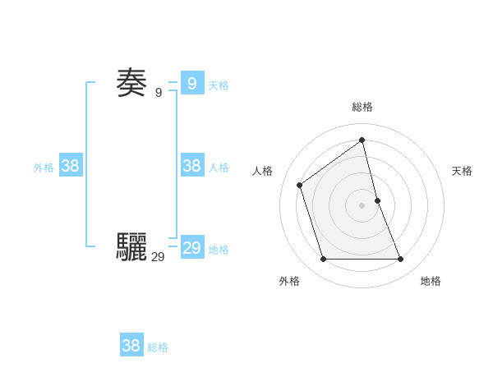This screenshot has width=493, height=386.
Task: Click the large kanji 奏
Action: click(x=131, y=83)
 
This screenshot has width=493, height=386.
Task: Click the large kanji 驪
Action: click(x=131, y=246)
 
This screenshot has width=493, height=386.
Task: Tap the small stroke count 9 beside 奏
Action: click(x=159, y=93)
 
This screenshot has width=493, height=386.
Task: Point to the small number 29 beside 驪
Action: click(x=158, y=257)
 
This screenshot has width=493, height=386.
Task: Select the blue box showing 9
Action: click(x=191, y=83)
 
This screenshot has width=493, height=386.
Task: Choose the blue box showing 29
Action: click(x=191, y=248)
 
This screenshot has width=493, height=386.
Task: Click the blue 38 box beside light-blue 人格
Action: click(x=191, y=165)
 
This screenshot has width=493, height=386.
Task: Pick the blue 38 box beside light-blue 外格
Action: click(x=70, y=165)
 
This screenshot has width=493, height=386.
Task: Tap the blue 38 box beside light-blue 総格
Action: click(x=131, y=346)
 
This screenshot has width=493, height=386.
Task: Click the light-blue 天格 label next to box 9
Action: click(x=219, y=85)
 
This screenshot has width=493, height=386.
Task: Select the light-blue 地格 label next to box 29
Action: click(x=219, y=250)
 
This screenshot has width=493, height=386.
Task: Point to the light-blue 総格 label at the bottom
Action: click(x=158, y=347)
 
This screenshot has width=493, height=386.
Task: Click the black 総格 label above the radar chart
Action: click(x=362, y=107)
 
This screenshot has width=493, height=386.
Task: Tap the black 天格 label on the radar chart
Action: click(x=462, y=171)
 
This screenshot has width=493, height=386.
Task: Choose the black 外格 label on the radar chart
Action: click(x=289, y=281)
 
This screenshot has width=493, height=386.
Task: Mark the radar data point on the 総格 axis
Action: click(x=362, y=140)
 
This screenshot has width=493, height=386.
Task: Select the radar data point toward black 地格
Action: click(x=401, y=260)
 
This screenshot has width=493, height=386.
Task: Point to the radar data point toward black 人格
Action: click(x=300, y=185)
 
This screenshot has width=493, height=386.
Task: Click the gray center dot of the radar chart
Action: click(x=362, y=205)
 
